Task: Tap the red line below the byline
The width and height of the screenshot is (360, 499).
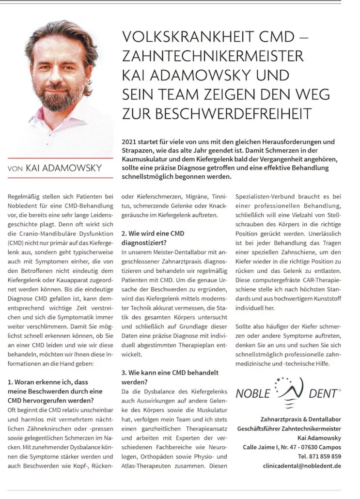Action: coord(60,178)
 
